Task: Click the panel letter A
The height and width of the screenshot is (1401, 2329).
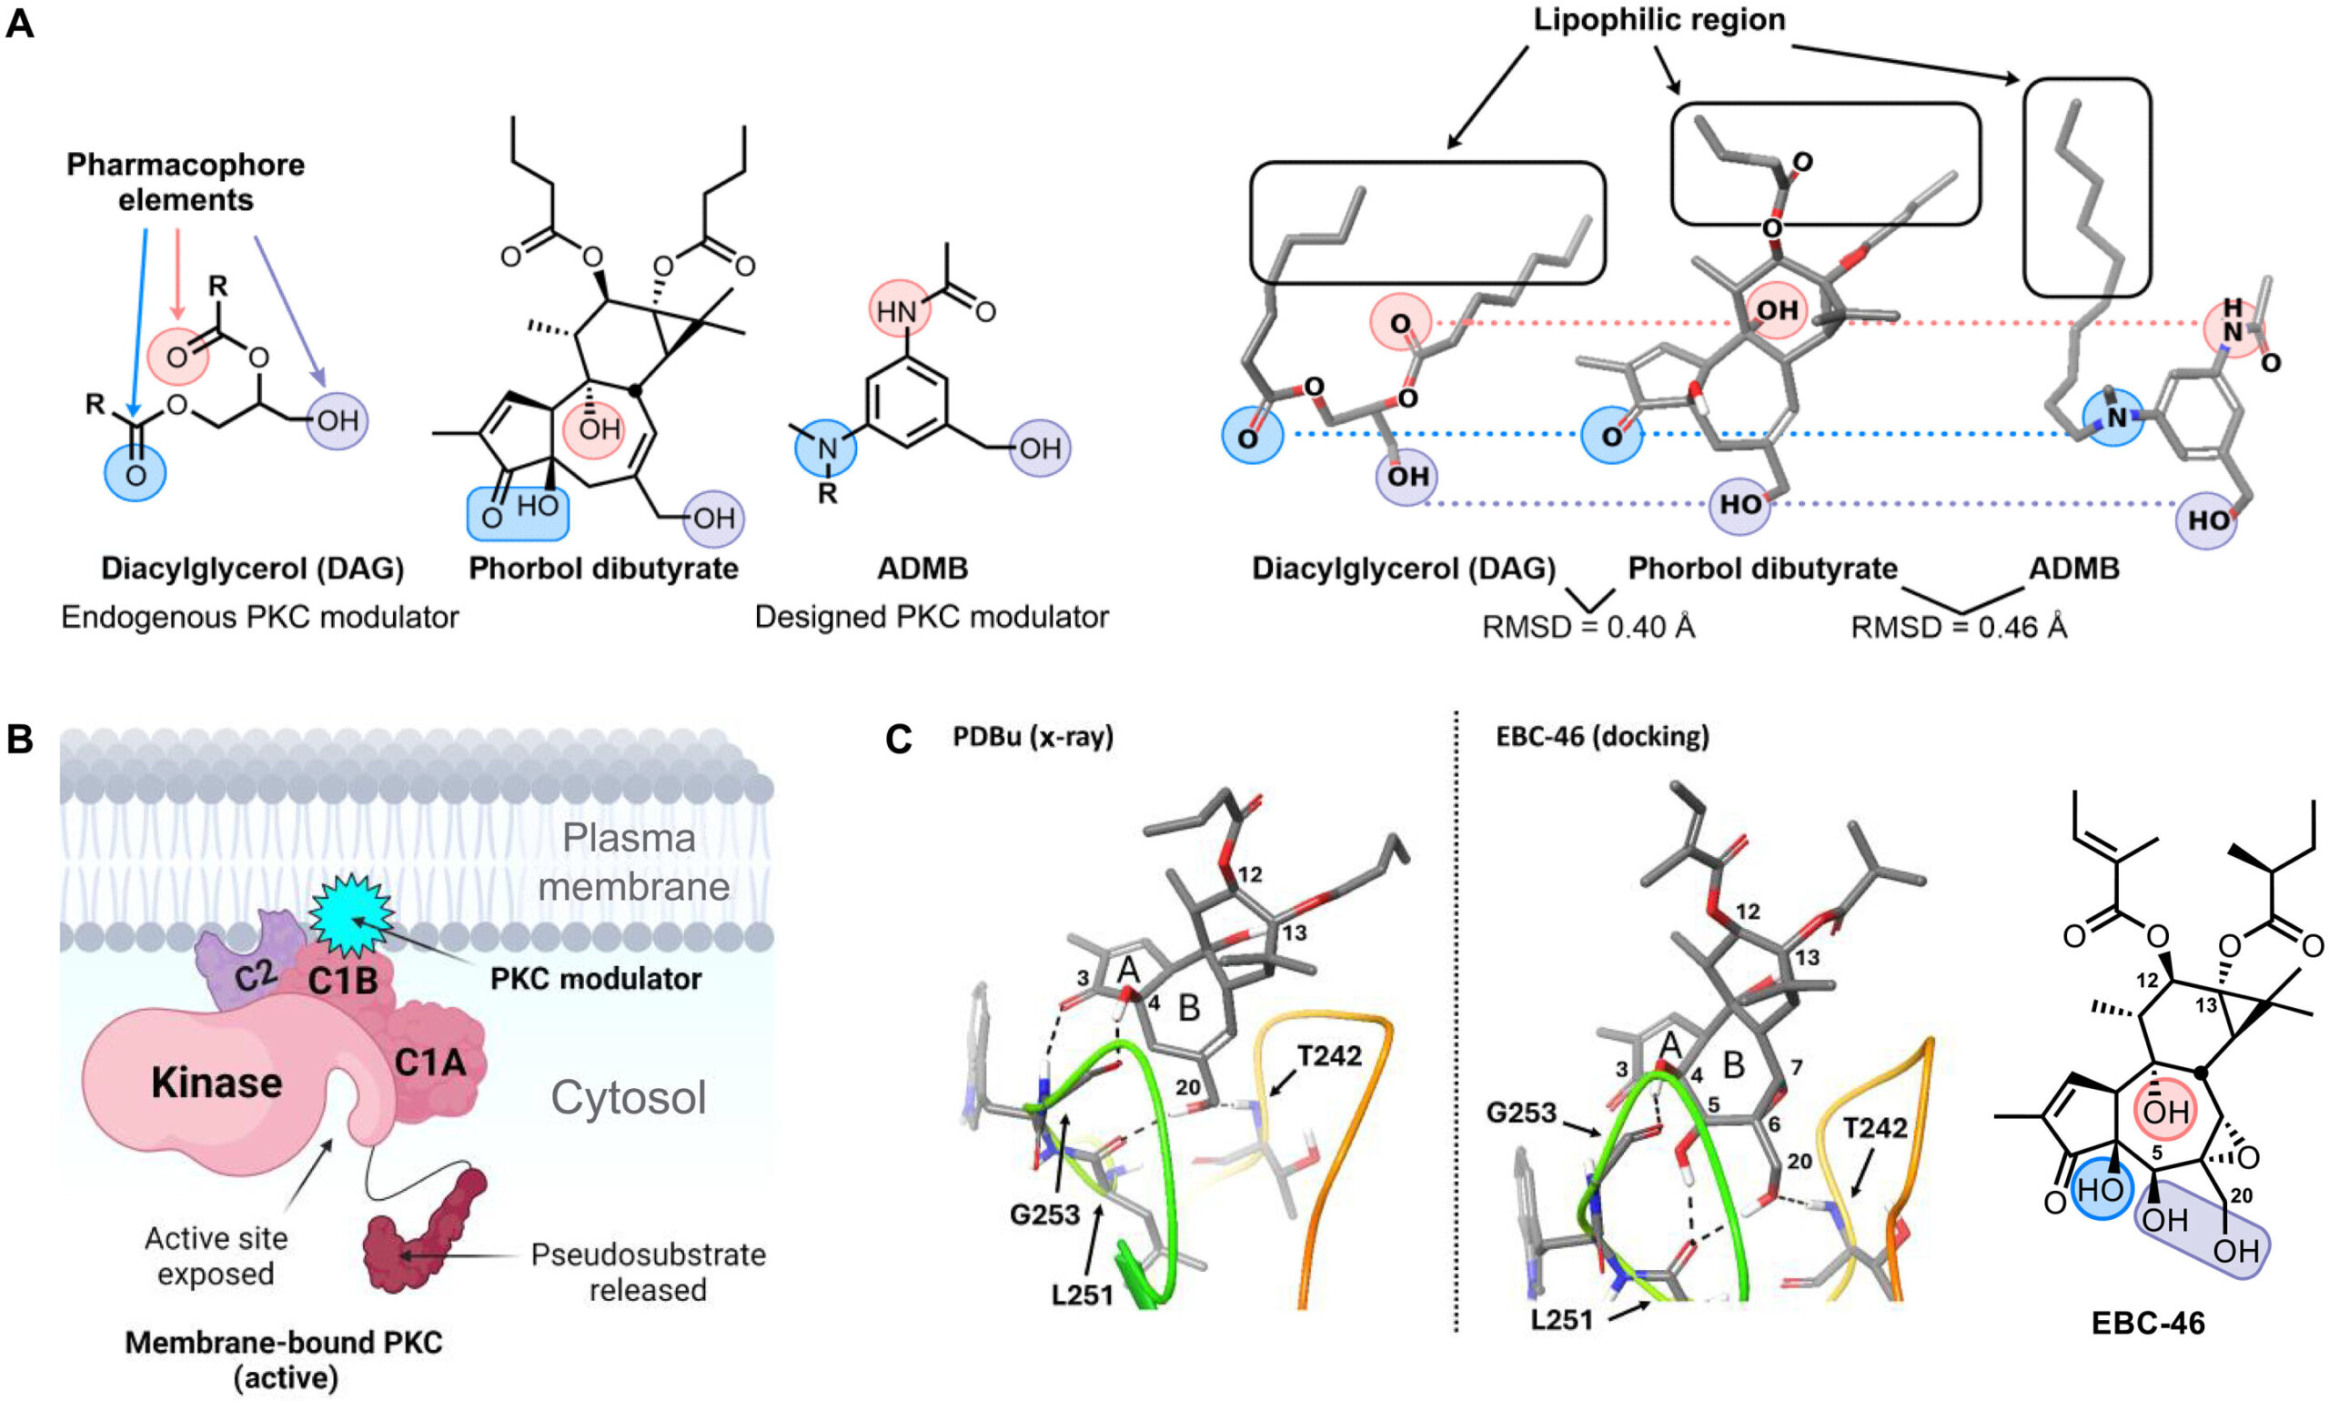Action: click(20, 23)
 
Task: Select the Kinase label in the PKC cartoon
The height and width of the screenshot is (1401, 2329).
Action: click(217, 1083)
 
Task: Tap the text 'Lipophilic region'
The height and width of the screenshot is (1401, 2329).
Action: click(1659, 21)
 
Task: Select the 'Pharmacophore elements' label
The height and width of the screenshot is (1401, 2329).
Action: click(185, 182)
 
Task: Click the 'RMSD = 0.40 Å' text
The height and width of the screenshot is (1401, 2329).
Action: click(1588, 627)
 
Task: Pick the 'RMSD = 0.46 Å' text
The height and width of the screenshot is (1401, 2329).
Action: click(1959, 627)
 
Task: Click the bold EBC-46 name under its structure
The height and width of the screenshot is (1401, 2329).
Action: click(2149, 1323)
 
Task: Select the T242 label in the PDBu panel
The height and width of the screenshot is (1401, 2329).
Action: click(1329, 1055)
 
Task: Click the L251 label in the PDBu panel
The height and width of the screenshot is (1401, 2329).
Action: click(1084, 1295)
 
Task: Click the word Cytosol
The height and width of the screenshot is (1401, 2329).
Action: click(629, 1097)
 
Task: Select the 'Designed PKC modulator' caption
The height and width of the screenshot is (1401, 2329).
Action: click(932, 618)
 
